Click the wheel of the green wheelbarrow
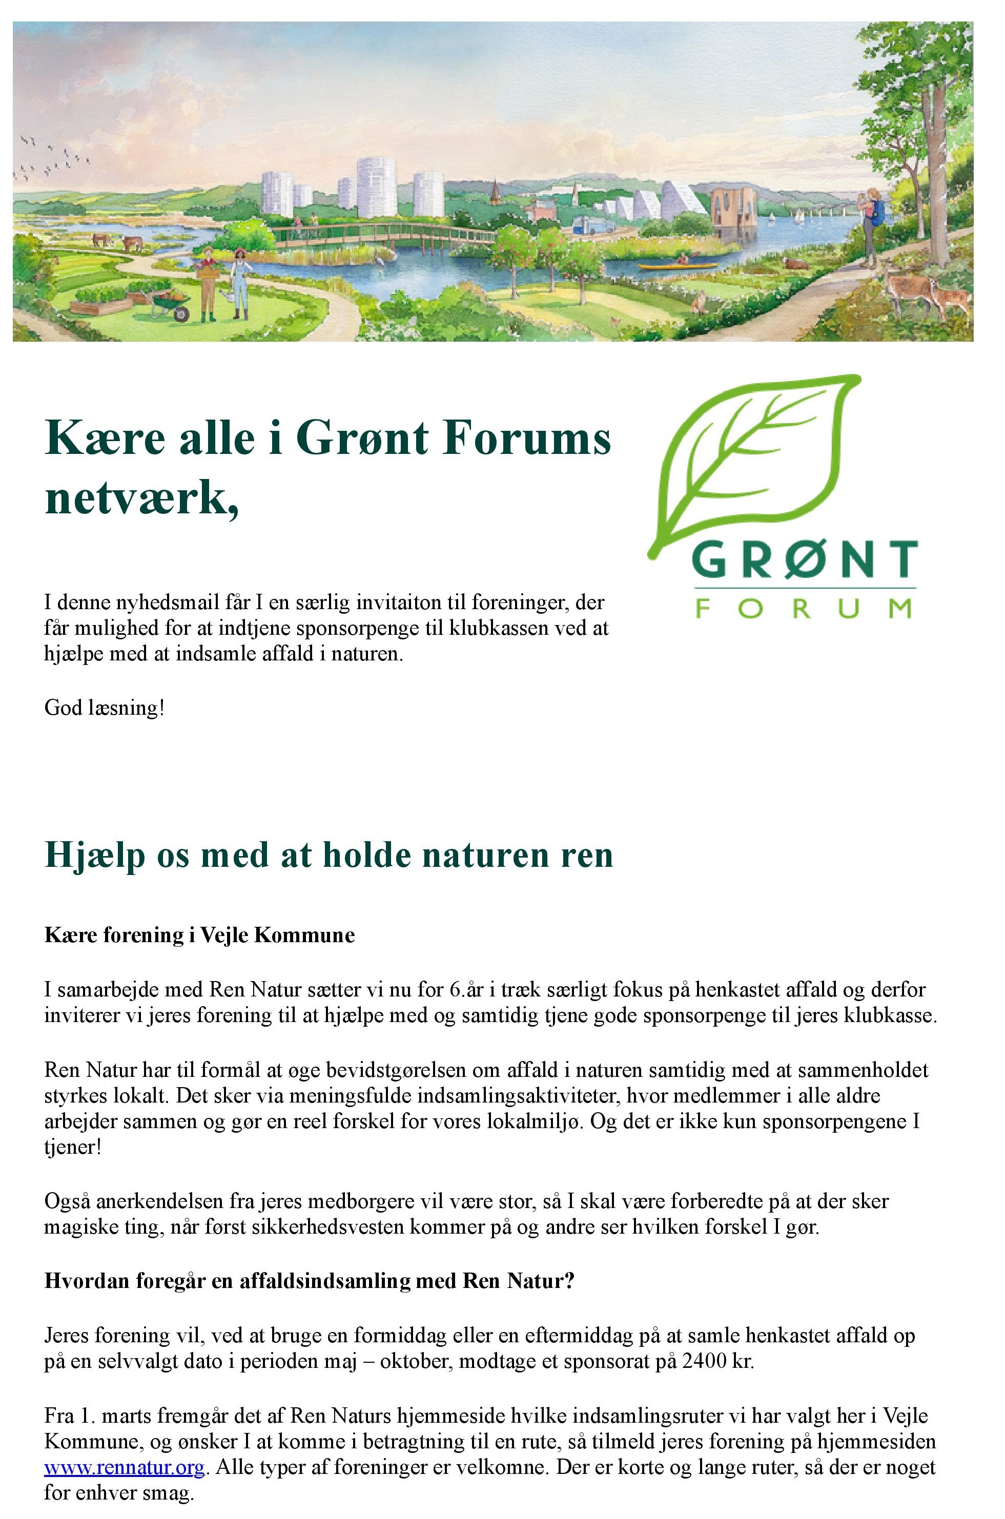coord(181,314)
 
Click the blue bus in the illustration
coord(590,225)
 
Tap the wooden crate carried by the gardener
coord(208,271)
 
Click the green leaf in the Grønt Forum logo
coord(756,461)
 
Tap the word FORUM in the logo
coord(803,608)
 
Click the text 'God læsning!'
coord(105,708)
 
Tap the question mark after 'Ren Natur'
coord(568,1281)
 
